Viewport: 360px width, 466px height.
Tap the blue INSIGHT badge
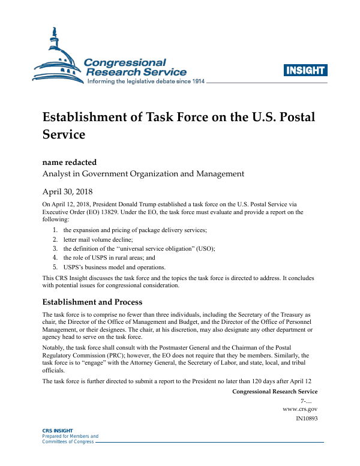[x=305, y=70]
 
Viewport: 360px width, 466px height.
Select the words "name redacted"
[x=69, y=162]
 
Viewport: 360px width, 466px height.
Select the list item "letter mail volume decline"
[x=98, y=239]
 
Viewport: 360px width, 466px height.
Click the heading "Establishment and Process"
[x=92, y=302]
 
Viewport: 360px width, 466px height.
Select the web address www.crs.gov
[x=300, y=408]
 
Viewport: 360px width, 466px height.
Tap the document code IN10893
[x=307, y=418]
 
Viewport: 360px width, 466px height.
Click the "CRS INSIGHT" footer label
[x=57, y=431]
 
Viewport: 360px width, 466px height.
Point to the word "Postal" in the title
[x=293, y=116]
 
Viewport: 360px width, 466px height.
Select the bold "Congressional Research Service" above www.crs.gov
[x=274, y=392]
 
